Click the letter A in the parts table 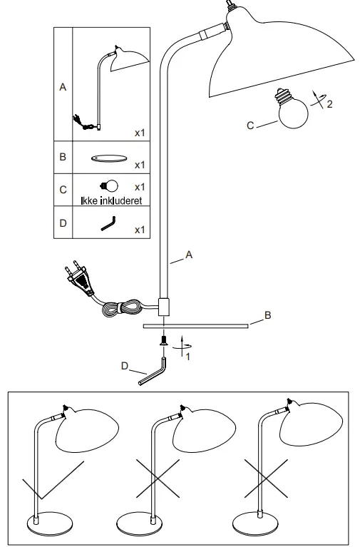tap(63, 87)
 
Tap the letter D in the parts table tap(63, 223)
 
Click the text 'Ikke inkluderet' tap(110, 201)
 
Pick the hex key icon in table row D tap(108, 224)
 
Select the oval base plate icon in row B tap(109, 159)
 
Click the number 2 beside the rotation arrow tap(329, 105)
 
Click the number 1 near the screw tap(188, 357)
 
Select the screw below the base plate tap(164, 342)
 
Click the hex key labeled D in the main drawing tap(152, 374)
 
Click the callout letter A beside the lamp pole tap(188, 254)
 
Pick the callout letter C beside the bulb tap(250, 126)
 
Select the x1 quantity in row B tap(140, 165)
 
